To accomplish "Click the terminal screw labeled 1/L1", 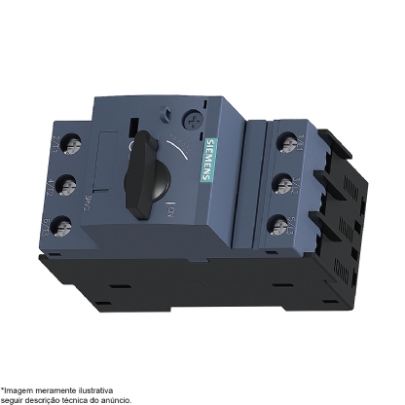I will click(x=289, y=145).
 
